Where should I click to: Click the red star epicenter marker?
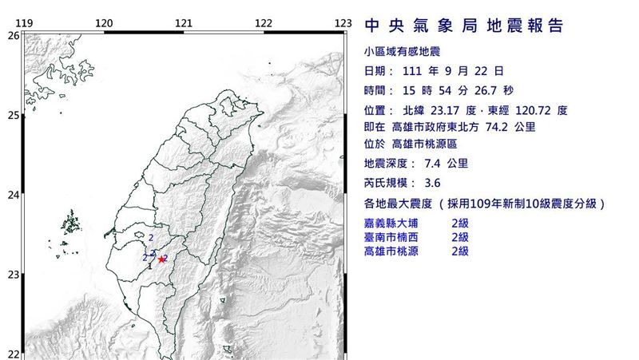point(162,259)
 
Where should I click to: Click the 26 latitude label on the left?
point(13,36)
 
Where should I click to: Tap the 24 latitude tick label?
point(13,195)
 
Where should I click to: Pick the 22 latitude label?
point(13,354)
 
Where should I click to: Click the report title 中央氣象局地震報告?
point(463,26)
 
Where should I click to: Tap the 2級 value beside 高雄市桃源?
point(460,251)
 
